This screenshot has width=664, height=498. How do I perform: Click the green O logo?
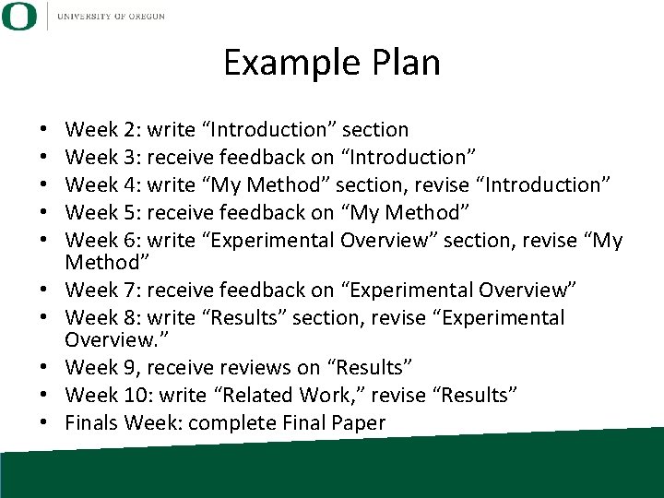(x=18, y=16)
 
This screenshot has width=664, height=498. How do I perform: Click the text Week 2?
(x=101, y=130)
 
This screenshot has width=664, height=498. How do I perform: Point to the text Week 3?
(x=101, y=158)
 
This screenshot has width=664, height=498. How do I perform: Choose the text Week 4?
(x=101, y=185)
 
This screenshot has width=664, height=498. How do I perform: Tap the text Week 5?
(x=101, y=213)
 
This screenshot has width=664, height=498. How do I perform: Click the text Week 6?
(x=101, y=241)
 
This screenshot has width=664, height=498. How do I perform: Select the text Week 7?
(x=101, y=290)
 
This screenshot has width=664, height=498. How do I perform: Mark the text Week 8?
(x=101, y=318)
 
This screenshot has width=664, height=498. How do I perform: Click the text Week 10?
(x=107, y=396)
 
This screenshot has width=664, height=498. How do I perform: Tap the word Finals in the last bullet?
(x=93, y=423)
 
